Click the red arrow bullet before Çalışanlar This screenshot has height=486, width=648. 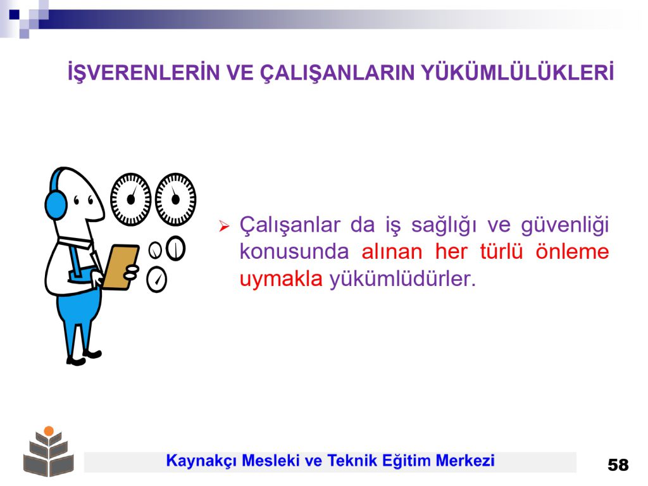[224, 226]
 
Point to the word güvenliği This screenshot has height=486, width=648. [564, 226]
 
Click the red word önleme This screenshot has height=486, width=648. [572, 251]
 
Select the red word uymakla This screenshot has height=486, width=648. [281, 279]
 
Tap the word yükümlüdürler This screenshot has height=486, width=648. [402, 278]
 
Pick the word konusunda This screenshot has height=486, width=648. [294, 252]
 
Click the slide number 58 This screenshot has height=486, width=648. [618, 465]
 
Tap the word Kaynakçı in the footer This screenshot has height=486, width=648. [201, 461]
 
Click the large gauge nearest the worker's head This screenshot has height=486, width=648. [130, 199]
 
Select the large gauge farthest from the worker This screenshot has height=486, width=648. [176, 199]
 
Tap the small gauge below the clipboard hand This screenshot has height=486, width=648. [157, 280]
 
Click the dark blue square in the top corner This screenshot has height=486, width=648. [15, 15]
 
